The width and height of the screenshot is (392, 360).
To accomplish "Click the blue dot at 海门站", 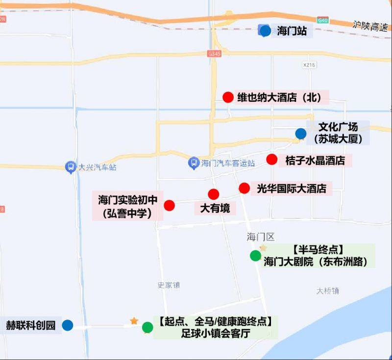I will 265,31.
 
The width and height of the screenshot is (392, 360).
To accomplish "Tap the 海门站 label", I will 292,31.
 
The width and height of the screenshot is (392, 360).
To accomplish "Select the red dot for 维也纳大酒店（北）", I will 228,97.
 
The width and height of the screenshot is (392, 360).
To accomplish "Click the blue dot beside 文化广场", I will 301,134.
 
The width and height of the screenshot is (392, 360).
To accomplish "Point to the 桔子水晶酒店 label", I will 315,160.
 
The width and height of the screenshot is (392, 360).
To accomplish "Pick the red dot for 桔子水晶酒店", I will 272,159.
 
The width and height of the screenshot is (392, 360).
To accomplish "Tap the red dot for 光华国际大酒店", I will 244,188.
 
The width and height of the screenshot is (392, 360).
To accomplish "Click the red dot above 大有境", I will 214,194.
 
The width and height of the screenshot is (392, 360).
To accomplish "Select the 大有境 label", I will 215,208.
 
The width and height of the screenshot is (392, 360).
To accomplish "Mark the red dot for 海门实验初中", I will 170,205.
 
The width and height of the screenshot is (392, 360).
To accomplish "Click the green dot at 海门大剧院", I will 255,256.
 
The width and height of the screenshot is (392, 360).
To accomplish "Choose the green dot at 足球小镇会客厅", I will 147,328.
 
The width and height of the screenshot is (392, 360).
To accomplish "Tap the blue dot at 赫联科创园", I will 68,325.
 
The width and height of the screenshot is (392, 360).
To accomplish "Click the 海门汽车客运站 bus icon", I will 194,162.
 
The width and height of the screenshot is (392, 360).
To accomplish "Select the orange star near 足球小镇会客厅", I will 134,321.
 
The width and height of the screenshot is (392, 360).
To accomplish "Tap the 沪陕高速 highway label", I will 370,26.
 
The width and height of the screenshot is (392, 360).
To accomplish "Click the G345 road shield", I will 214,53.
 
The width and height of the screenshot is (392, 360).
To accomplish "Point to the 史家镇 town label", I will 169,285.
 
